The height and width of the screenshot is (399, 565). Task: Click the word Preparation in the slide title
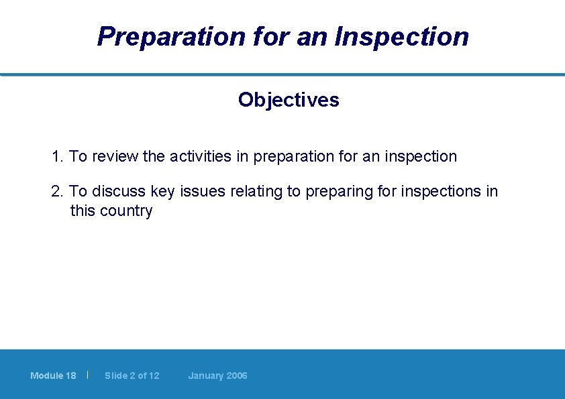171,36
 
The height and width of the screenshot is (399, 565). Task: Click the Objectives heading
289,100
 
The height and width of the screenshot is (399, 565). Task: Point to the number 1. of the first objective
58,157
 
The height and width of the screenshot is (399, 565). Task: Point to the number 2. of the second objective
58,192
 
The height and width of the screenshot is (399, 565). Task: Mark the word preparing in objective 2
339,192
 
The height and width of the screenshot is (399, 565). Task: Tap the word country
126,211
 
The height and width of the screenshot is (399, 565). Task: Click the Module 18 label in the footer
53,376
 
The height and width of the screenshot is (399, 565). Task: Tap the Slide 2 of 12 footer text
132,376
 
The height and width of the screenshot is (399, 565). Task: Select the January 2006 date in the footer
217,376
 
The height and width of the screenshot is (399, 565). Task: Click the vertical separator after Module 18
88,375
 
